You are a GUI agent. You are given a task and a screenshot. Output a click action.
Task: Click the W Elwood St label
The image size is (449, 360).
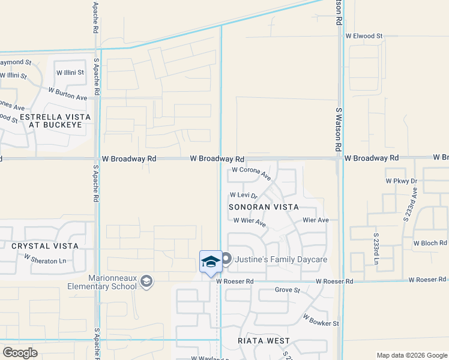[364, 36]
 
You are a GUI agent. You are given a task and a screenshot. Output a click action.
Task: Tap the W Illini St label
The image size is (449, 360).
[70, 73]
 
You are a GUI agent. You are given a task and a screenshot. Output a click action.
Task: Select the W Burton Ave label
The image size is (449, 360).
[68, 93]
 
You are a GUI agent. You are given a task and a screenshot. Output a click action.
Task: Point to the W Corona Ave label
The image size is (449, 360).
[252, 173]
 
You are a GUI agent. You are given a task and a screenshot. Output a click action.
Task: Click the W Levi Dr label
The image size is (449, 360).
[243, 195]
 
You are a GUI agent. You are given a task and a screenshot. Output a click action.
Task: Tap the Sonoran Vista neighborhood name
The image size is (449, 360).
[264, 207]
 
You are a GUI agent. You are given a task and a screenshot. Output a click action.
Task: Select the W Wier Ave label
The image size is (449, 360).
[250, 221]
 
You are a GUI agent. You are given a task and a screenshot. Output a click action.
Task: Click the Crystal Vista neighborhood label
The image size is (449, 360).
[44, 246]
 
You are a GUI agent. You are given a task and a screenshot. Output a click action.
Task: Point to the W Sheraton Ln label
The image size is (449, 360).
[45, 259]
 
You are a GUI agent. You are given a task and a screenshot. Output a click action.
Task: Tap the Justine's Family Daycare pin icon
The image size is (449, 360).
[226, 259]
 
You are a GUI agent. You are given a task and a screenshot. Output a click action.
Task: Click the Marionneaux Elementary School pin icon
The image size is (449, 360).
[147, 281]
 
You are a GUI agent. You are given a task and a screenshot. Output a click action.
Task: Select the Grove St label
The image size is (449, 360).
[287, 290]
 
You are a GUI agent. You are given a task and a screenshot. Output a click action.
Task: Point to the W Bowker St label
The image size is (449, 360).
[321, 319]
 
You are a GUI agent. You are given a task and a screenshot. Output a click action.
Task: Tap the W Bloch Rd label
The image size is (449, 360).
[430, 244]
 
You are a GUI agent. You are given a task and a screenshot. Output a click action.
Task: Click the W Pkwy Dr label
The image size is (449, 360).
[401, 181]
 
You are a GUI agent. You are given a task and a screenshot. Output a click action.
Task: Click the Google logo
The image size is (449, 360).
[20, 353]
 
